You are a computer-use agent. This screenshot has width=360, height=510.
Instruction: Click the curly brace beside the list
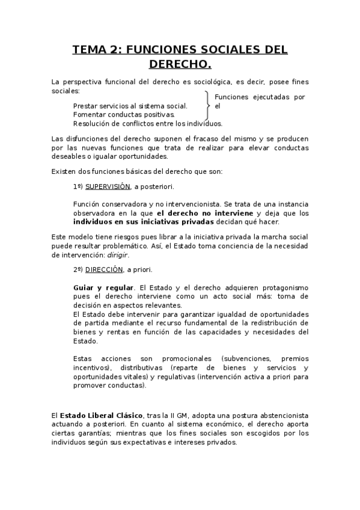pos(207,106)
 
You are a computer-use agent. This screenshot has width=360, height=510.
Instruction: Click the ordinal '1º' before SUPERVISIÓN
pos(78,186)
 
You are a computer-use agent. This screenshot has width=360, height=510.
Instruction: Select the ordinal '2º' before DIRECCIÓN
pos(78,269)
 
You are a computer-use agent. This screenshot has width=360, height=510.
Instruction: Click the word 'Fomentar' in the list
pos(89,114)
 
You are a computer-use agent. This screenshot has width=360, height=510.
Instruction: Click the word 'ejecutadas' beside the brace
pos(264,97)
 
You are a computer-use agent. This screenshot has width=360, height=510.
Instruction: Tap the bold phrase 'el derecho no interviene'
pos(206,213)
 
